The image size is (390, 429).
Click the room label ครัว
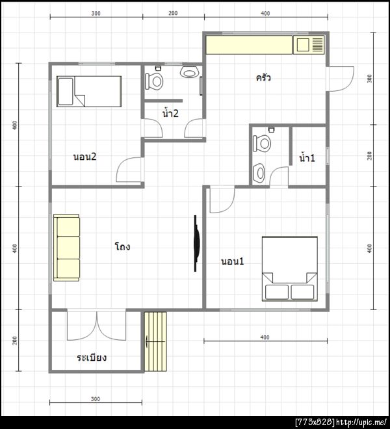(263, 78)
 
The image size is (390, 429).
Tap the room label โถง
(122, 246)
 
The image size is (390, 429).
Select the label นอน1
(232, 261)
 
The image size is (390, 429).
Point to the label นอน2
(85, 157)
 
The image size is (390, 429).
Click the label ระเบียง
(92, 357)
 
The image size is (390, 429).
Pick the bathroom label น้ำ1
(307, 157)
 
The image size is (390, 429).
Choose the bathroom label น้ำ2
(170, 112)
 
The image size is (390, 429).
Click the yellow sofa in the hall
(66, 248)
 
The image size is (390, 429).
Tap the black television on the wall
(196, 243)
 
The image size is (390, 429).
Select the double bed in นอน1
(290, 268)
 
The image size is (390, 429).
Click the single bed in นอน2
(89, 92)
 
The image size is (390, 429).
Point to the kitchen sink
(309, 45)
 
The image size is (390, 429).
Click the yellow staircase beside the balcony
(155, 341)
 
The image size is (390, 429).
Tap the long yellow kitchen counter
(249, 45)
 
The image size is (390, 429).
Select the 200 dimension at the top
(173, 13)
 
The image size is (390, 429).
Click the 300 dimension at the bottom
(96, 399)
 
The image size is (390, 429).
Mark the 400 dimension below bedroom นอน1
(265, 337)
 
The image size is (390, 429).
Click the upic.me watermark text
(361, 422)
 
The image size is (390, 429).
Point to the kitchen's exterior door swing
(341, 79)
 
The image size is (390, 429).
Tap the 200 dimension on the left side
(15, 341)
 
